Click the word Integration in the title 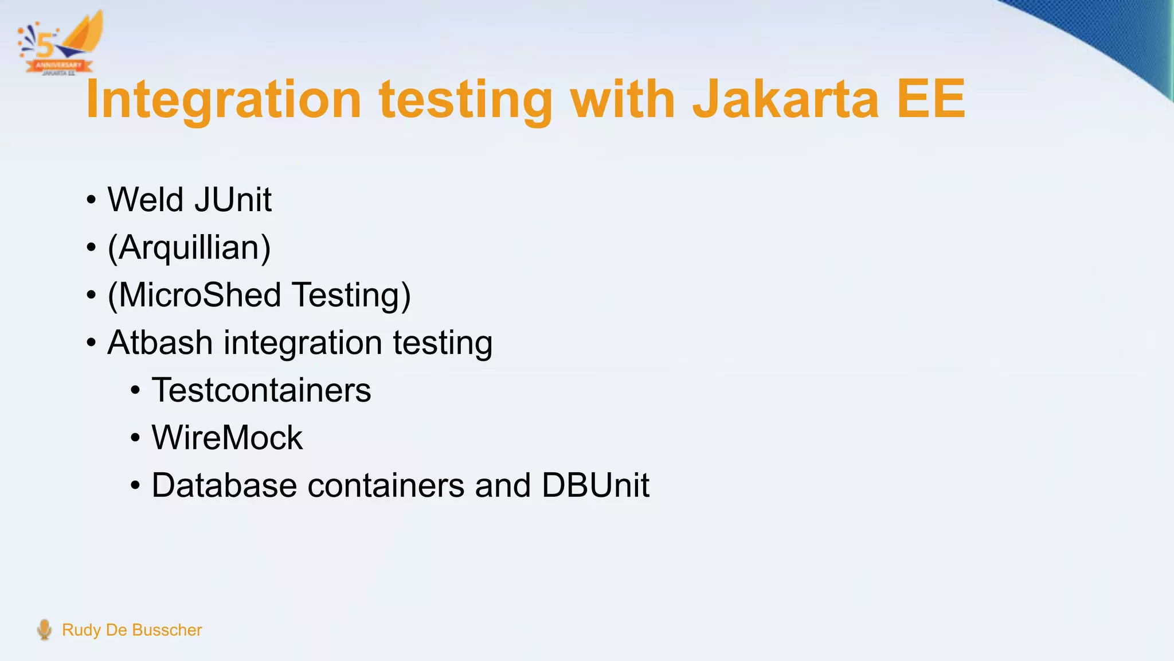click(x=224, y=100)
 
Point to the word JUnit click(x=233, y=200)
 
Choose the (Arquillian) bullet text click(x=189, y=248)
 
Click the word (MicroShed click(x=194, y=295)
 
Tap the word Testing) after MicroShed click(x=351, y=295)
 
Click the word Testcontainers click(x=261, y=390)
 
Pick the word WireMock click(x=227, y=438)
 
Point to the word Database click(x=224, y=485)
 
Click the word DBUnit click(x=595, y=485)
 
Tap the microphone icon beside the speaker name click(x=44, y=629)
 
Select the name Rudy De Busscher click(x=132, y=630)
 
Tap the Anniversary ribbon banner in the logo click(x=58, y=65)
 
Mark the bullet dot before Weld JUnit click(x=91, y=201)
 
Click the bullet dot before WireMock click(x=135, y=439)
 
